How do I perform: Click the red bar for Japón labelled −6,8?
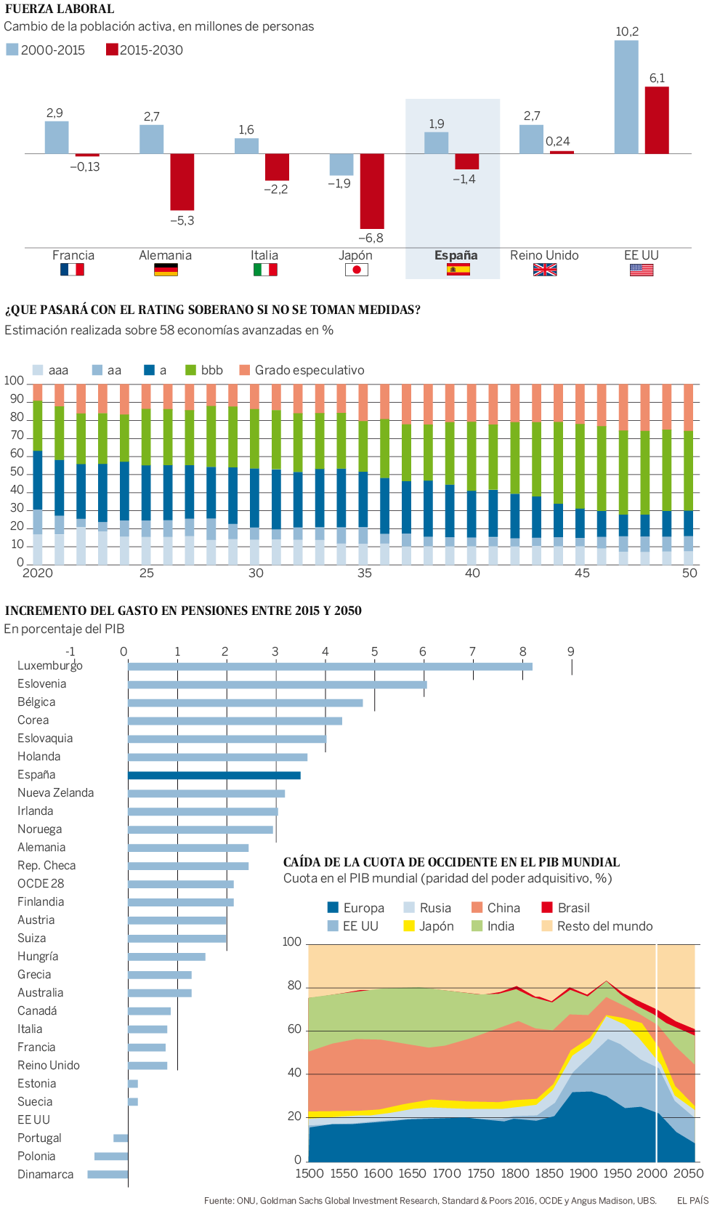click(x=372, y=190)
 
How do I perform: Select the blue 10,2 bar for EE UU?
click(x=626, y=97)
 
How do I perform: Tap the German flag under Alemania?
click(x=166, y=270)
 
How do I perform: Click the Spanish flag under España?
click(x=458, y=270)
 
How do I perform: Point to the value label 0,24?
click(x=558, y=141)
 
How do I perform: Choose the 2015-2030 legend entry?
click(x=145, y=50)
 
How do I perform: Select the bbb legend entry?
click(x=205, y=370)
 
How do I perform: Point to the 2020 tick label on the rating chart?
click(x=38, y=573)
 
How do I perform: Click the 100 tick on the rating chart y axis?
click(x=14, y=381)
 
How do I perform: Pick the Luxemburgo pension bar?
click(x=330, y=667)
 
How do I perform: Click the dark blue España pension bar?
click(x=214, y=776)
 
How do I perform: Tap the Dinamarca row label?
click(x=46, y=1174)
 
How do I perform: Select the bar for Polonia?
click(x=111, y=1156)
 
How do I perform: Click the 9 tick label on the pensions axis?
click(x=571, y=651)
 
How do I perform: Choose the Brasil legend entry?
click(x=566, y=908)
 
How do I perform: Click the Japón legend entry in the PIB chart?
click(x=429, y=926)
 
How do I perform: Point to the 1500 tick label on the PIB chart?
click(x=310, y=1173)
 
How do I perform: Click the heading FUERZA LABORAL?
click(x=60, y=9)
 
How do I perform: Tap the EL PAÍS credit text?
click(x=692, y=1200)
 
